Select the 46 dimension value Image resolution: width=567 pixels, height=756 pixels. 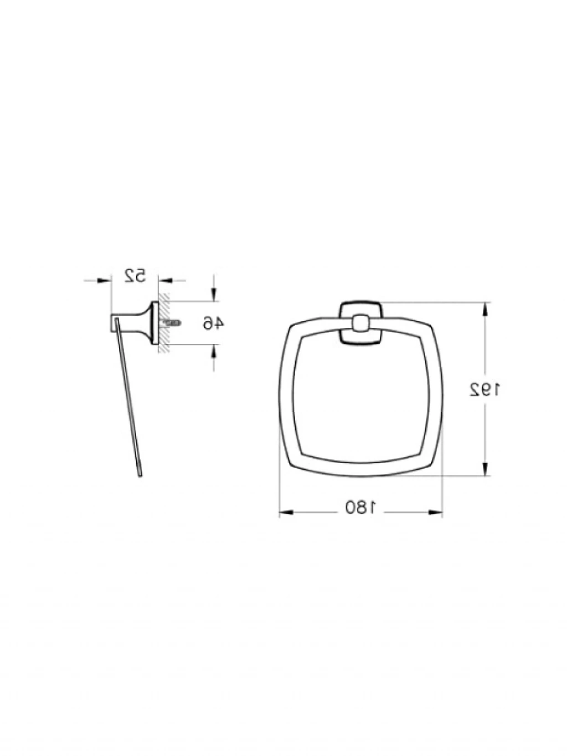point(213,323)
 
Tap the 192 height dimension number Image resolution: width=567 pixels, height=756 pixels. point(484,389)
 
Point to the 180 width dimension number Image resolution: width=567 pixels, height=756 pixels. point(361,507)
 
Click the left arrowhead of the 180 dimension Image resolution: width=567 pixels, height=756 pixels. point(286,512)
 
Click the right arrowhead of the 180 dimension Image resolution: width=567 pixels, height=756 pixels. point(435,512)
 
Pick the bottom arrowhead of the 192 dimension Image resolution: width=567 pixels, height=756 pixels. point(485,469)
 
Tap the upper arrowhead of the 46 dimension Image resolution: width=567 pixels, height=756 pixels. point(213,295)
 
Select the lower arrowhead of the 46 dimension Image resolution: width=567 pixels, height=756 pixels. point(213,351)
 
